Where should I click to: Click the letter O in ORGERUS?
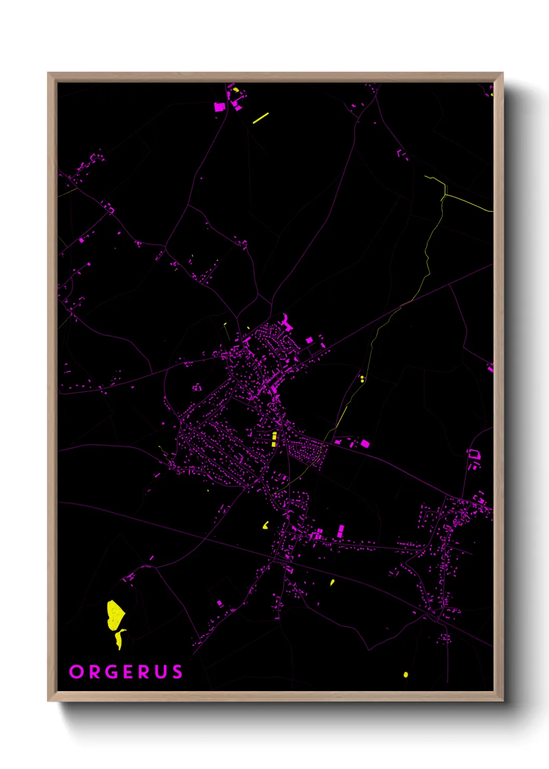(76, 672)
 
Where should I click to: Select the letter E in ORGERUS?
(129, 672)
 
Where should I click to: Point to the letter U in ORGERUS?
(161, 672)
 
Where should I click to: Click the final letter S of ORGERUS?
(177, 672)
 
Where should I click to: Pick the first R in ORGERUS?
(94, 672)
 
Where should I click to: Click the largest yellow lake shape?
(115, 615)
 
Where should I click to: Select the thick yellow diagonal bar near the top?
(260, 118)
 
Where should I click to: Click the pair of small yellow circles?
(362, 379)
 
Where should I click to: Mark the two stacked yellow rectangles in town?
(274, 440)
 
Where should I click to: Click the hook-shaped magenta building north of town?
(286, 322)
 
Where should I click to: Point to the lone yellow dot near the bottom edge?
(406, 675)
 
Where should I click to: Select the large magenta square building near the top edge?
(219, 107)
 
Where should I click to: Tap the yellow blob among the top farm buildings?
(236, 90)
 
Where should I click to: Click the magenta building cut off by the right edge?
(490, 368)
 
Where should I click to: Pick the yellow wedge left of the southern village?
(266, 525)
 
